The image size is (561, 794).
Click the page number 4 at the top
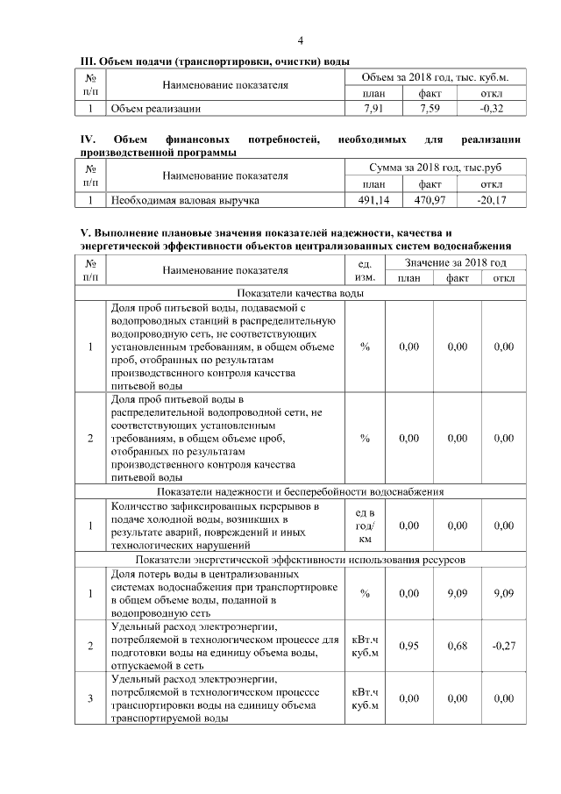(x=301, y=41)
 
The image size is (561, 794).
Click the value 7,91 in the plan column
(x=373, y=110)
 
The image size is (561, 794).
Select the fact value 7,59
(x=430, y=110)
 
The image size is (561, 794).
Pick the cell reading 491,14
(x=373, y=201)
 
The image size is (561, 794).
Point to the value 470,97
(x=430, y=201)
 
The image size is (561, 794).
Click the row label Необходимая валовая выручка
(x=184, y=201)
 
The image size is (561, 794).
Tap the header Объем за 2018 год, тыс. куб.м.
(x=435, y=78)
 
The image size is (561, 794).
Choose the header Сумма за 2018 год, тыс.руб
(x=435, y=168)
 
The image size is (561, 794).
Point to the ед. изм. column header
(x=365, y=271)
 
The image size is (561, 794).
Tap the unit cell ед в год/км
(x=365, y=526)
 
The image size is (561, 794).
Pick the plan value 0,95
(x=408, y=646)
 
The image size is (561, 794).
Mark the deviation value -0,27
(x=503, y=646)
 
